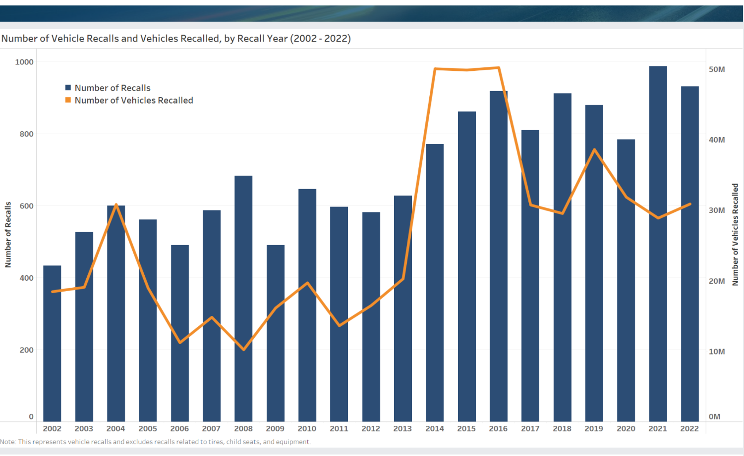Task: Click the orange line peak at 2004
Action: coord(116,204)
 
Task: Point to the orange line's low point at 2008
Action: coord(243,350)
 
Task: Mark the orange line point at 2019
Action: coord(594,150)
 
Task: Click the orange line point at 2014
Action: coord(435,69)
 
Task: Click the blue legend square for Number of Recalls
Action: coord(68,88)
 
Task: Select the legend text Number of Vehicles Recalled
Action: coord(134,101)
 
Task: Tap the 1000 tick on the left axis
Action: coord(24,62)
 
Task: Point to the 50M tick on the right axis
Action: coord(717,69)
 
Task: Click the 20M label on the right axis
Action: coord(717,281)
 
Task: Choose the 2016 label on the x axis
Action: coord(498,429)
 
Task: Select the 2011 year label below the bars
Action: coord(339,429)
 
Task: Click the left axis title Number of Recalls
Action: coord(8,235)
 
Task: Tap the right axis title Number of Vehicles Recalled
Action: coord(735,235)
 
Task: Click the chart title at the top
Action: coord(176,39)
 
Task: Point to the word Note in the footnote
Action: coord(7,442)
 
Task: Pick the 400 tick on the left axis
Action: coord(27,278)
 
